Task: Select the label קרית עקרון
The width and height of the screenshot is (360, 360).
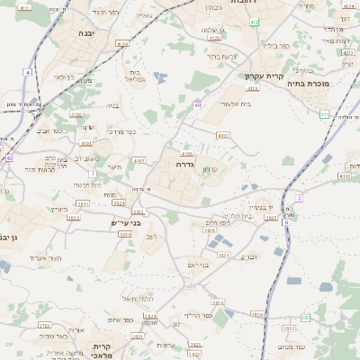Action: (x=265, y=76)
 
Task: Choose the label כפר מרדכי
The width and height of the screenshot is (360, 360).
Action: (x=123, y=131)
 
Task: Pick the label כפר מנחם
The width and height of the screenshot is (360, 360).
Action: (x=292, y=346)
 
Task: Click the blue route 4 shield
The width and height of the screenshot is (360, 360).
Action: (x=28, y=72)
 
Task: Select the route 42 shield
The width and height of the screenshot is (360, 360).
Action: (x=9, y=157)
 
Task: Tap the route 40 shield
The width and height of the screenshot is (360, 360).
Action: (x=197, y=105)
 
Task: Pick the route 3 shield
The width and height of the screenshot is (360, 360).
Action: (x=298, y=198)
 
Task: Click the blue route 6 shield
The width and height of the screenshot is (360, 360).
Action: (x=305, y=317)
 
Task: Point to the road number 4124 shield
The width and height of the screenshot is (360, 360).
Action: (x=122, y=42)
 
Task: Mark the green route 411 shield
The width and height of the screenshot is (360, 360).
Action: (x=324, y=114)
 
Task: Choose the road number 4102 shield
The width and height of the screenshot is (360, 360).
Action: (x=76, y=115)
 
